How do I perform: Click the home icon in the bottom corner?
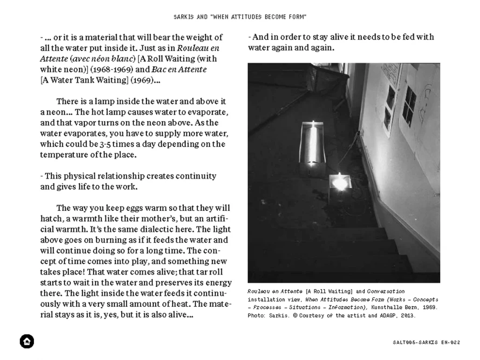(27, 341)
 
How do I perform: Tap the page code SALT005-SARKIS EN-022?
(426, 342)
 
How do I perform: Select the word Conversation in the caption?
(386, 291)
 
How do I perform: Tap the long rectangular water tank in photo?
(314, 144)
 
